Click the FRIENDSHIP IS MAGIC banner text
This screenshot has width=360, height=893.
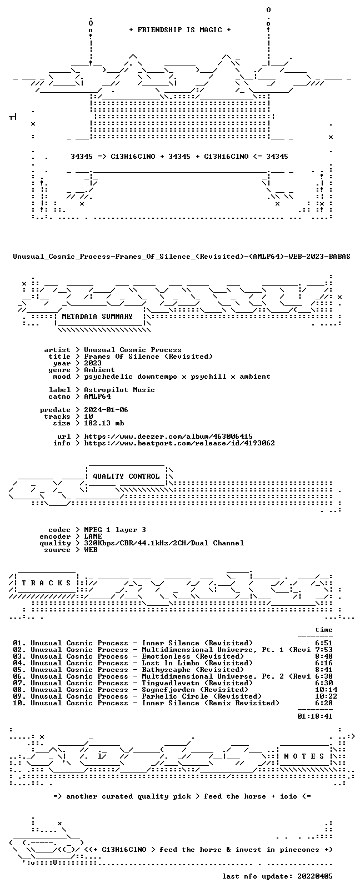[180, 30]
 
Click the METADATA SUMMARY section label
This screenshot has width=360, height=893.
[97, 317]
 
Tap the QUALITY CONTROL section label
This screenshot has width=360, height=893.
[126, 476]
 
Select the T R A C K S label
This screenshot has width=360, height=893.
[46, 583]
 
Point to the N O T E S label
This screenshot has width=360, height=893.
[304, 756]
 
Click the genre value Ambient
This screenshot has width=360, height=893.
[99, 370]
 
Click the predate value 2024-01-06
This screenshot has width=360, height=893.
[106, 410]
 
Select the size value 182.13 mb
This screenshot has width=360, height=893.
[104, 423]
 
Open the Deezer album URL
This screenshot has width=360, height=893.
[168, 437]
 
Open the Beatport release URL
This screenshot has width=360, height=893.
[179, 443]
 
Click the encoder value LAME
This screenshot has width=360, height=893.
[93, 536]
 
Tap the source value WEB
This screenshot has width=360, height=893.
[91, 550]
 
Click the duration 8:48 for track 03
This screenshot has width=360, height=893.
[324, 656]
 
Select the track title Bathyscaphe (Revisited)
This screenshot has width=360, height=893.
[193, 670]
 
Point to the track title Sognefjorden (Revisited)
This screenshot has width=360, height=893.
[195, 690]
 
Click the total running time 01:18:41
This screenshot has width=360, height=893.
[315, 716]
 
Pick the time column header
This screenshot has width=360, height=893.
[324, 630]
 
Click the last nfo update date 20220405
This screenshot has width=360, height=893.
[315, 876]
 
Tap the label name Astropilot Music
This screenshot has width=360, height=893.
[119, 390]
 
